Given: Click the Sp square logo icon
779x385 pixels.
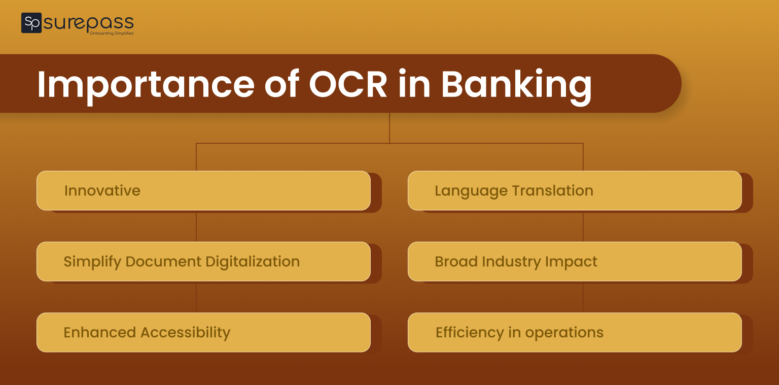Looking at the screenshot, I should click(x=31, y=23).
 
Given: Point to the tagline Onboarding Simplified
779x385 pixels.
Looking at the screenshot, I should click(x=111, y=34).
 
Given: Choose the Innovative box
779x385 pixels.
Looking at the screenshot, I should click(x=203, y=190).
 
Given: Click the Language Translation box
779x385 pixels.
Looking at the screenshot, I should click(x=575, y=190).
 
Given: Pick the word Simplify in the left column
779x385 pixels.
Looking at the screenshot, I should click(x=92, y=262).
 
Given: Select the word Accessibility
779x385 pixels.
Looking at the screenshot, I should click(x=185, y=333).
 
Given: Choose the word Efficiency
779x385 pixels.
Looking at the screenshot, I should click(x=470, y=333).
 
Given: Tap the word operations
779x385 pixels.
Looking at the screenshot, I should click(x=564, y=333).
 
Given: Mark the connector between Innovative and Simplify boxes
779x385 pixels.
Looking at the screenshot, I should click(x=196, y=227).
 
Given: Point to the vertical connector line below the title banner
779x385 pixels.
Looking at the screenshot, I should click(x=389, y=128).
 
